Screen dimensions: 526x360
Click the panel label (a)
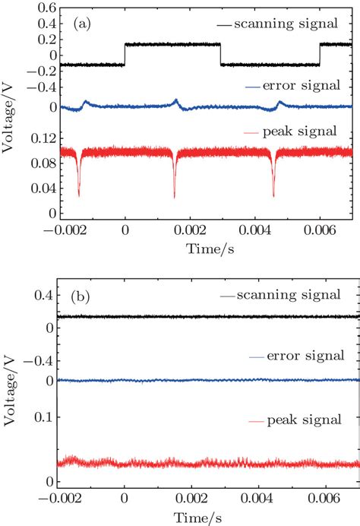click(84, 24)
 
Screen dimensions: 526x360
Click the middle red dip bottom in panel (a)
click(175, 198)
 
